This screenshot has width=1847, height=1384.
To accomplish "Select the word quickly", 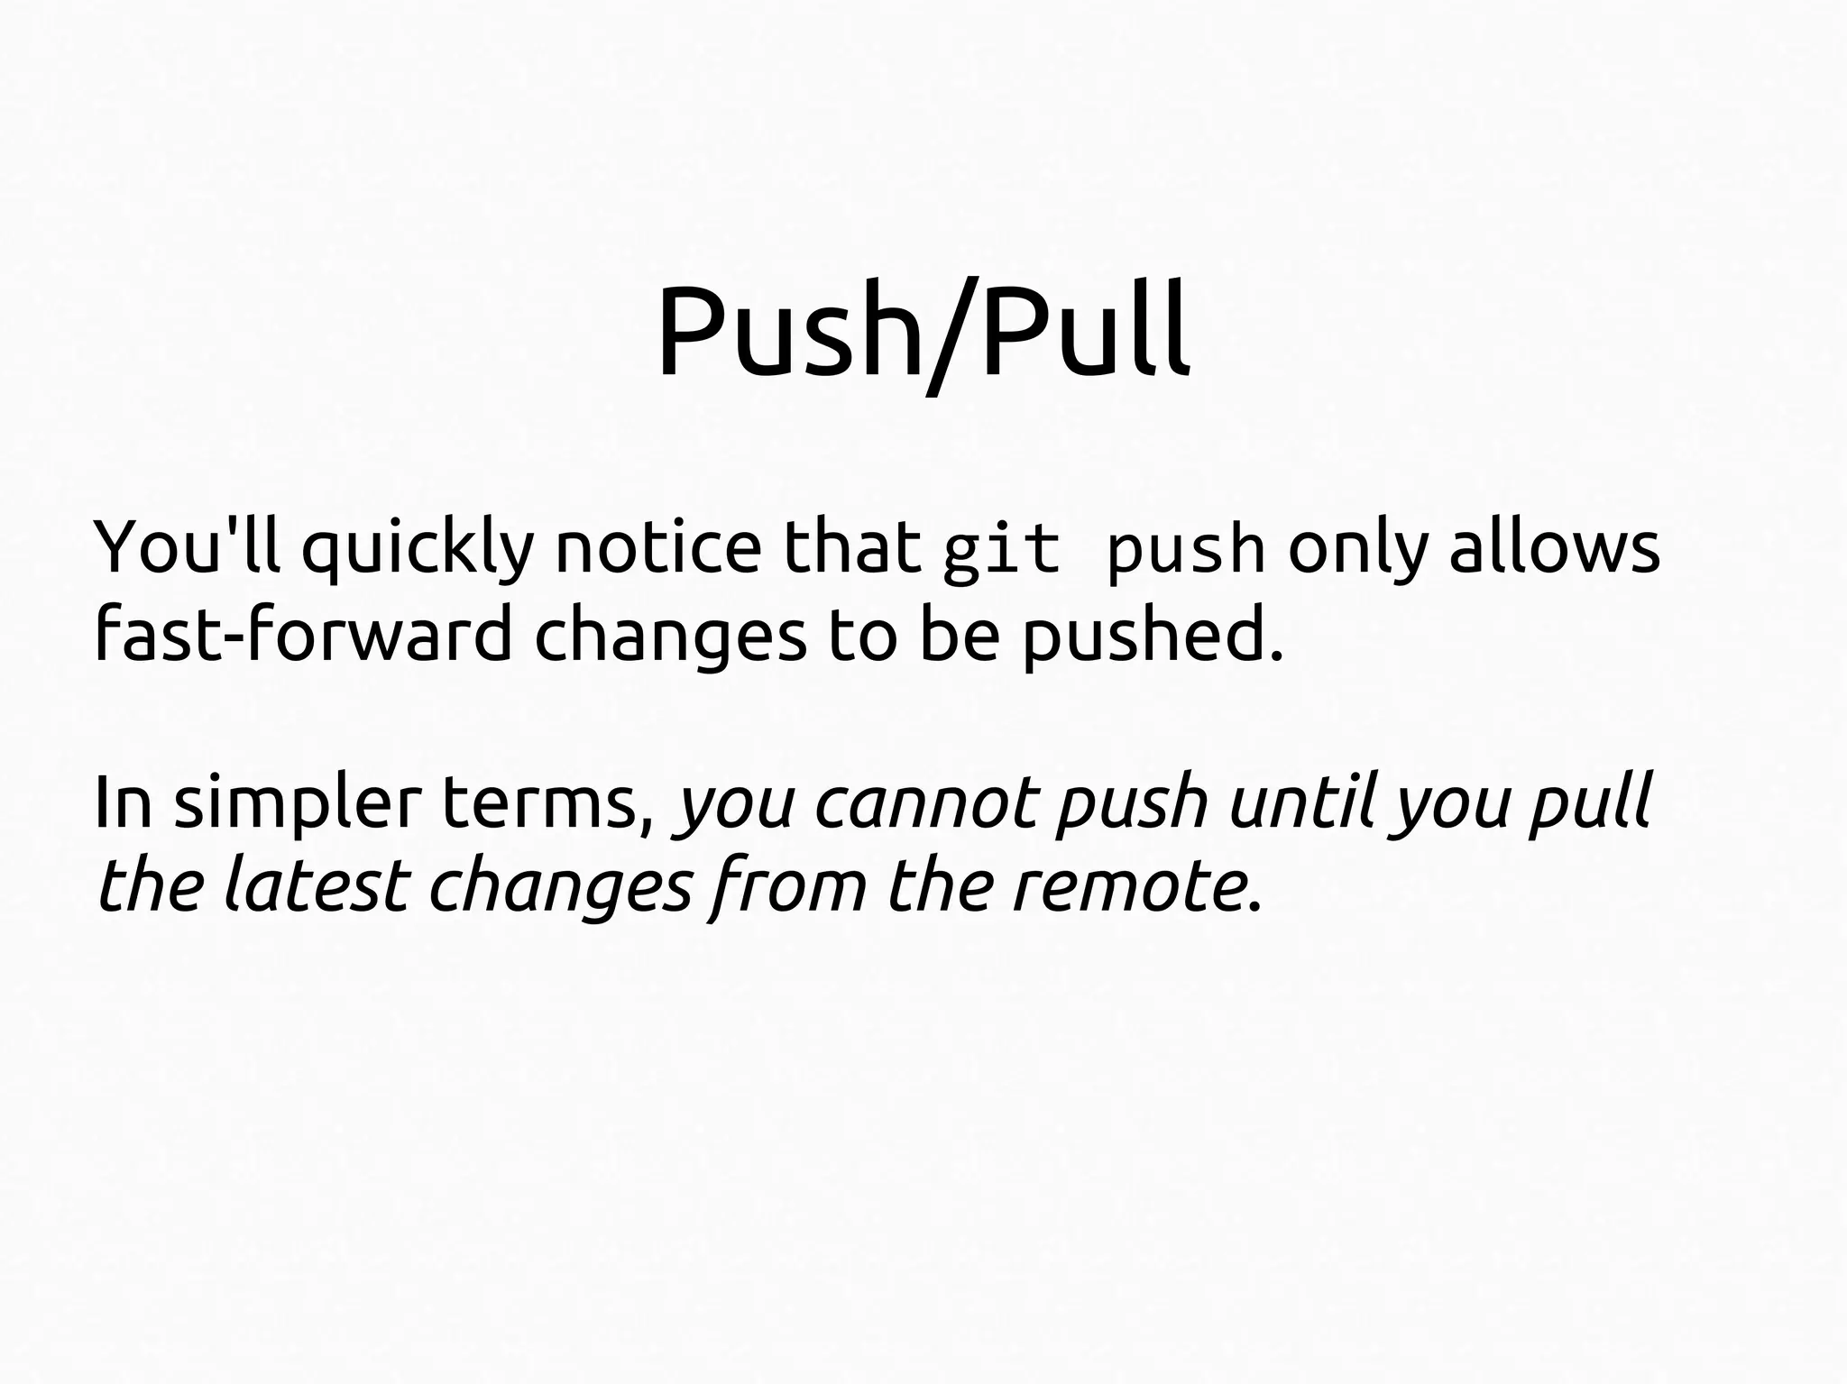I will click(x=418, y=550).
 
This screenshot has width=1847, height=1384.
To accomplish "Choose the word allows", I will click(x=1554, y=547).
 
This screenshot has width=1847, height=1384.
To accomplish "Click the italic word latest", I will click(x=315, y=884).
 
